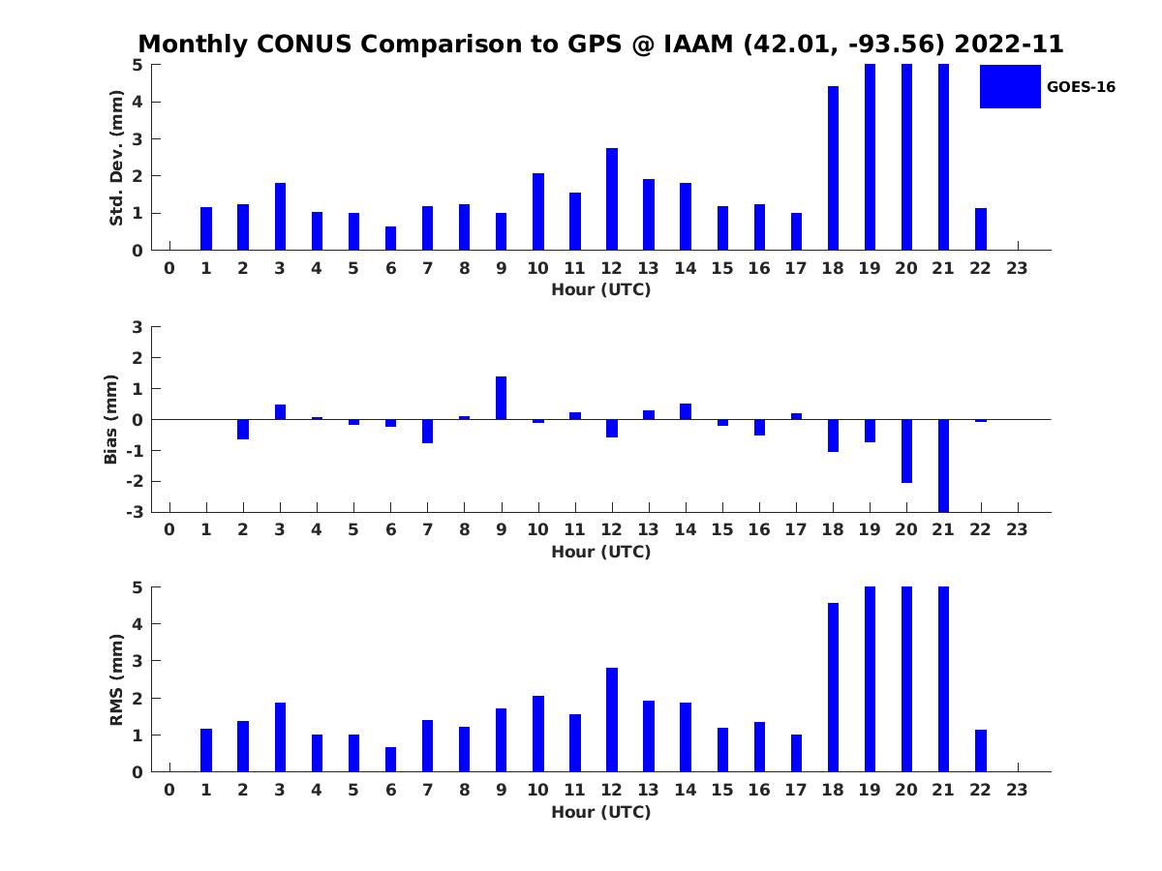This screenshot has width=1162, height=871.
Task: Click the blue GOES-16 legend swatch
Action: point(1010,86)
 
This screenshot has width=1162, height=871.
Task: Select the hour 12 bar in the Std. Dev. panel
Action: point(612,199)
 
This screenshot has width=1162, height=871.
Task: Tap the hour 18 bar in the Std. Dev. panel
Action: point(833,168)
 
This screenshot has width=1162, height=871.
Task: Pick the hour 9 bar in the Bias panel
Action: point(502,398)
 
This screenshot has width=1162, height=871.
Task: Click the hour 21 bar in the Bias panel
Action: point(943,465)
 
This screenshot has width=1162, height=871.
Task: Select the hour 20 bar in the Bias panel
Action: point(906,451)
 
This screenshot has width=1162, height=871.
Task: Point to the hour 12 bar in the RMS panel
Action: point(612,720)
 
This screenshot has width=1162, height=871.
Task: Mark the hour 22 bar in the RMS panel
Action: point(981,751)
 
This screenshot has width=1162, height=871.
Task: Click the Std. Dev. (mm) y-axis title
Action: point(116,158)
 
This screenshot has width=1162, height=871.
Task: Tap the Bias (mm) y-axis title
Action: point(111,419)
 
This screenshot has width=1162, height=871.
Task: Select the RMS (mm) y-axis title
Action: point(116,680)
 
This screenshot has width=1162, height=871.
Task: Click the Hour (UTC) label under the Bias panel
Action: point(600,553)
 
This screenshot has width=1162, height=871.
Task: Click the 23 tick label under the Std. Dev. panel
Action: point(1018,269)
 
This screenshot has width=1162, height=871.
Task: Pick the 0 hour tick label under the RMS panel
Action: point(169,791)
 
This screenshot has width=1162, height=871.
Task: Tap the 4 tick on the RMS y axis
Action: point(138,624)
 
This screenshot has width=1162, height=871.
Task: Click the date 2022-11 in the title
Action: point(1009,45)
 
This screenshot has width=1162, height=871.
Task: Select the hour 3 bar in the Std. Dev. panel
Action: point(280,217)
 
